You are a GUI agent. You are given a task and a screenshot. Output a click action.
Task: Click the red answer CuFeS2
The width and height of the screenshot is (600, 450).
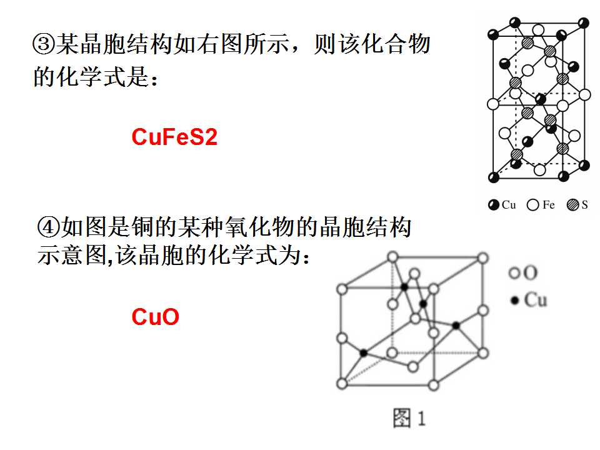click(x=174, y=137)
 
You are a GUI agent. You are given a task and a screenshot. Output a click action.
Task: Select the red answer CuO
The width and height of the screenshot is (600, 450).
click(x=156, y=317)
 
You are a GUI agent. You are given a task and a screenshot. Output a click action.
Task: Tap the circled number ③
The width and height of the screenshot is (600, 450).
click(x=44, y=44)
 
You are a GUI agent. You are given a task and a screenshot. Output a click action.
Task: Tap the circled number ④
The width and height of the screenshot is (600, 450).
click(x=49, y=227)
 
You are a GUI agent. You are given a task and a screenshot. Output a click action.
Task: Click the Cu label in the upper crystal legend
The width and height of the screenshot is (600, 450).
click(x=509, y=205)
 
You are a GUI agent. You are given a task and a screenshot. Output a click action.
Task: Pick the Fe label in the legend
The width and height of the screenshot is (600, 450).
click(x=548, y=205)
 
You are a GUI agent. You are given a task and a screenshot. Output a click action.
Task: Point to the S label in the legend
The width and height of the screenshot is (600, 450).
click(x=585, y=205)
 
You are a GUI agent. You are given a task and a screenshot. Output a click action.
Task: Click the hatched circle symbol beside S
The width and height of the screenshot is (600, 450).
click(x=573, y=205)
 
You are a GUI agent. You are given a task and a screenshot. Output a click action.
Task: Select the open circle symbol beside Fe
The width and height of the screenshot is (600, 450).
click(x=532, y=205)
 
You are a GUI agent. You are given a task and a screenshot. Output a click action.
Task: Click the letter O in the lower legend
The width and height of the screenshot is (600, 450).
click(x=531, y=273)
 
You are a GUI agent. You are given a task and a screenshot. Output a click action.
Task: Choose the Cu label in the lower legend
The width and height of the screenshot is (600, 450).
click(x=536, y=299)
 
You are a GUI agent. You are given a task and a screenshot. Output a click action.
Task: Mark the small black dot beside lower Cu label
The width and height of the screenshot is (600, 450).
click(x=515, y=301)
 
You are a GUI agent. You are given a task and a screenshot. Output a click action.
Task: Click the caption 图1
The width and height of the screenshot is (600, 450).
click(x=409, y=417)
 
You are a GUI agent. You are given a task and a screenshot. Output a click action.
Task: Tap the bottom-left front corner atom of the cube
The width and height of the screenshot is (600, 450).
click(x=342, y=383)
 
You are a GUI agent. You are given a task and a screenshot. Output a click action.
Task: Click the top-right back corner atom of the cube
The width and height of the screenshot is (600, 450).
click(x=483, y=258)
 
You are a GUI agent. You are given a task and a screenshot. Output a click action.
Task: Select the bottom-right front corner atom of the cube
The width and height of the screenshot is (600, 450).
click(x=434, y=385)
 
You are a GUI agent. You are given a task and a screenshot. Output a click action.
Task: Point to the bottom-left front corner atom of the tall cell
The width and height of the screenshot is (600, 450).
click(x=494, y=177)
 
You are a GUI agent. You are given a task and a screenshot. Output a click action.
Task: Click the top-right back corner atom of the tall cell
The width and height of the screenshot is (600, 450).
click(x=584, y=22)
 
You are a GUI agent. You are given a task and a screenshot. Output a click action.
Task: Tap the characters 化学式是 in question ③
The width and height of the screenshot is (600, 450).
click(x=103, y=76)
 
